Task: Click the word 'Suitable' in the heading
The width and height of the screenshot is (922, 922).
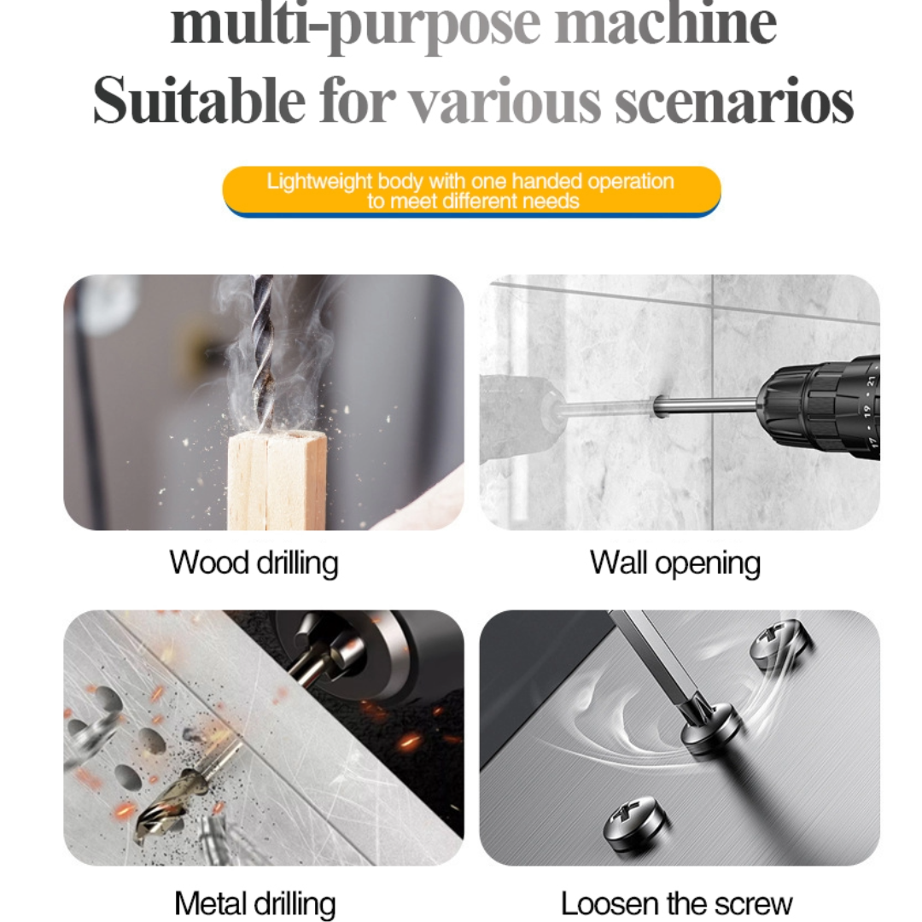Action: point(199,101)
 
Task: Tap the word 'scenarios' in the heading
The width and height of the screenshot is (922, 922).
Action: point(734,101)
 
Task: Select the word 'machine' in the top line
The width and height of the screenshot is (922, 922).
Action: point(666,24)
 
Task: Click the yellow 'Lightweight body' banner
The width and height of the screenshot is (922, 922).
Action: point(471,191)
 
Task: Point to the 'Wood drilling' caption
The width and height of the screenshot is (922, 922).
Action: point(254,563)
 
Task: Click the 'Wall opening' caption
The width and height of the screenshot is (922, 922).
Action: point(675,563)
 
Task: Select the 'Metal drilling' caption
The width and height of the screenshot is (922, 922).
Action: point(255,904)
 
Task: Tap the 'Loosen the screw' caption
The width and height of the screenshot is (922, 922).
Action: point(676,904)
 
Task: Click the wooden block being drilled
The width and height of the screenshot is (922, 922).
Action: point(277,479)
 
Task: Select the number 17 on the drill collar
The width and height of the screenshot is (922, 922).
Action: point(872,441)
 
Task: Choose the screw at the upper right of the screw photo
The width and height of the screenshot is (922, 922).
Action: point(781,642)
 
